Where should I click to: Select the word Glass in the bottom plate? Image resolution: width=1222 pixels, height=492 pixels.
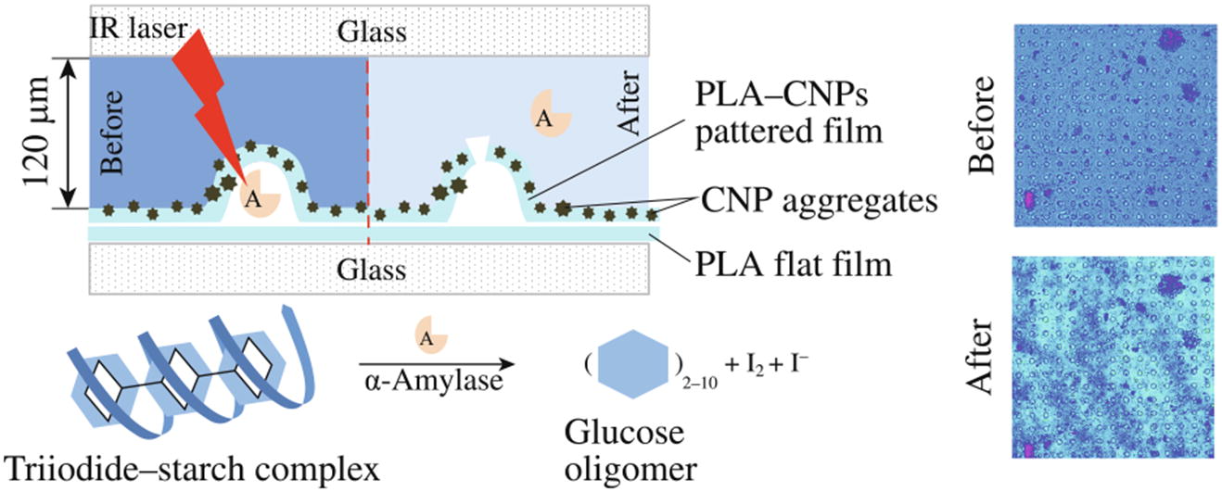click(370, 270)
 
